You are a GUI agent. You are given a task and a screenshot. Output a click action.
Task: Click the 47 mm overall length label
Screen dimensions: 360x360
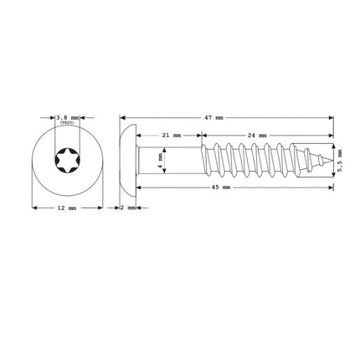click(x=213, y=118)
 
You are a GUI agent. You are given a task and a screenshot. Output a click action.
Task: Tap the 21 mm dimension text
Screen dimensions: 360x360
click(x=171, y=135)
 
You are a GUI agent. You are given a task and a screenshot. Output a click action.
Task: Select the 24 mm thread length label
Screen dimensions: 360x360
click(x=256, y=135)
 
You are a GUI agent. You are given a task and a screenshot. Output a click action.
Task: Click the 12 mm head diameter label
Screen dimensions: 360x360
click(x=68, y=207)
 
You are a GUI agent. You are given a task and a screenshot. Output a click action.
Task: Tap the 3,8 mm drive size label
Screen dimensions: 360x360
click(x=68, y=118)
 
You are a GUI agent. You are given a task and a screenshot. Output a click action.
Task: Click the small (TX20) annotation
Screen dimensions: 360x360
click(x=68, y=124)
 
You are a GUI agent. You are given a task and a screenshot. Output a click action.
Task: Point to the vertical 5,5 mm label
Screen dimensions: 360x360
click(x=340, y=159)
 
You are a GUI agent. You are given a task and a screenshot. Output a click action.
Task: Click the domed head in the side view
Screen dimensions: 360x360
click(x=128, y=159)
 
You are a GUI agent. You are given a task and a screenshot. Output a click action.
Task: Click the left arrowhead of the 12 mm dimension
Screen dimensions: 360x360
click(x=34, y=207)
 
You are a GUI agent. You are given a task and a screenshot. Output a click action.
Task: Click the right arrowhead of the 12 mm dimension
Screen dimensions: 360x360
click(x=100, y=207)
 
